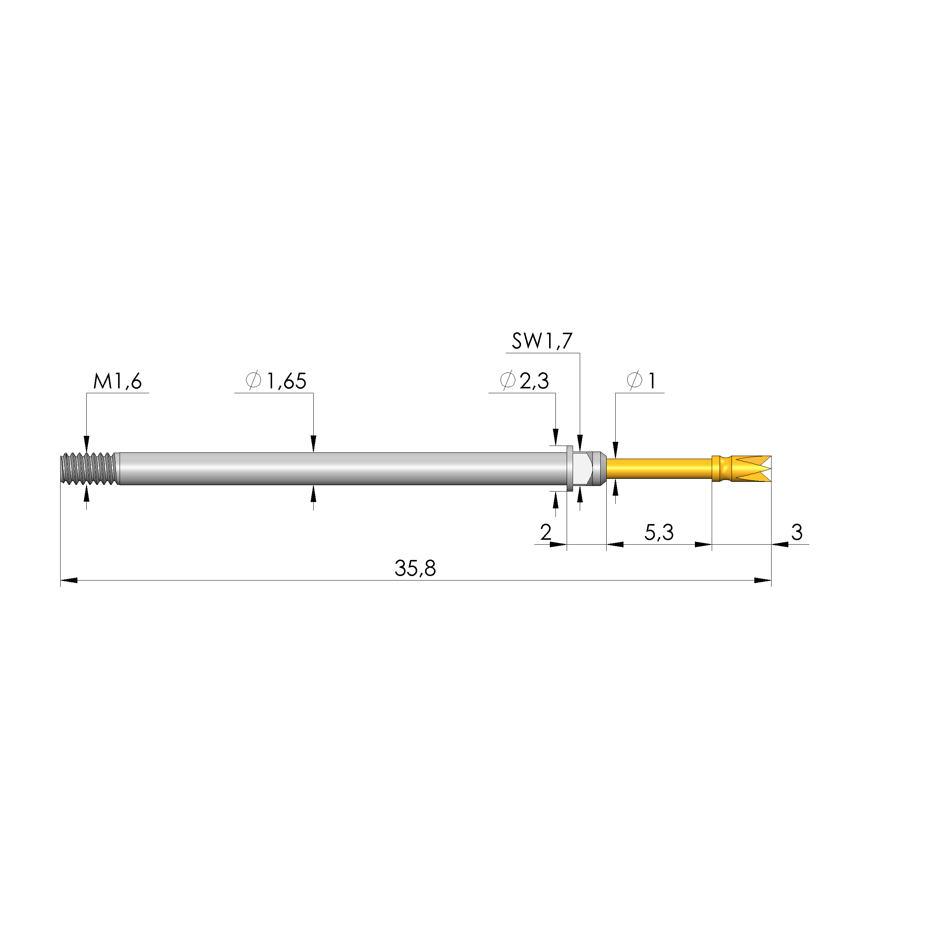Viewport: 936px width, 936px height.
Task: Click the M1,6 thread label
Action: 118,381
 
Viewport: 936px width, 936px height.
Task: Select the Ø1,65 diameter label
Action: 277,381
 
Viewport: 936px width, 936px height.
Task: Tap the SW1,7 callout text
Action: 542,341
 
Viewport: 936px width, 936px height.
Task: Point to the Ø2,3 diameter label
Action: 525,381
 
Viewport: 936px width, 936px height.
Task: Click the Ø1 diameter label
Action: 641,381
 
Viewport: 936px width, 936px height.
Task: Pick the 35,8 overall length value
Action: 415,568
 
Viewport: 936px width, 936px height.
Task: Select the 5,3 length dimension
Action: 659,532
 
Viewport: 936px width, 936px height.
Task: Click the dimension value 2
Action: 545,532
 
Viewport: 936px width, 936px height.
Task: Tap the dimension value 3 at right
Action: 797,532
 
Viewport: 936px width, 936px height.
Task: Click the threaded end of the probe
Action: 89,468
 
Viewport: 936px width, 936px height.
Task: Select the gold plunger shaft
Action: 659,468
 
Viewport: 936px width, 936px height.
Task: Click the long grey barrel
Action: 339,468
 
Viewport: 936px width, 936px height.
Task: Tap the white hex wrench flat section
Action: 581,468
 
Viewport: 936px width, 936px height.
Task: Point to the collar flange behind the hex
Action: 570,468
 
